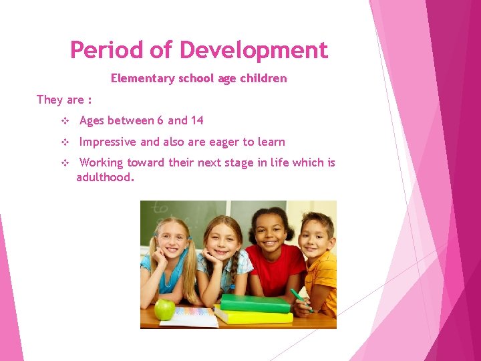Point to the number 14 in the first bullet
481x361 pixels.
196,120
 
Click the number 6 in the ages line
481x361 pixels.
160,120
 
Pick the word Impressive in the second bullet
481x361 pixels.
108,142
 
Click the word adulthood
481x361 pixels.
106,177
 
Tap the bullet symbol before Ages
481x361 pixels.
65,121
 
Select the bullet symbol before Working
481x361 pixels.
65,163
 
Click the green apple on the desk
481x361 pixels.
164,309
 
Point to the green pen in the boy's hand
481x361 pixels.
300,299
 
